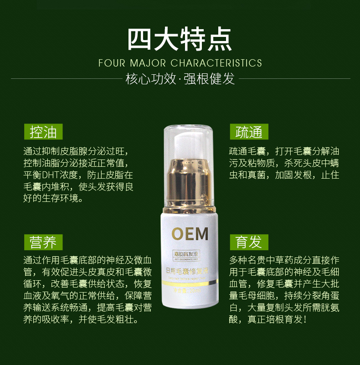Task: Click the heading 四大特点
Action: click(x=180, y=39)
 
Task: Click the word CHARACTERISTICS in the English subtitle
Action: click(x=216, y=63)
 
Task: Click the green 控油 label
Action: click(x=43, y=132)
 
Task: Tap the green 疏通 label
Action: click(x=249, y=132)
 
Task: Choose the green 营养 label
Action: click(x=43, y=242)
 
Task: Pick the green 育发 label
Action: click(x=249, y=242)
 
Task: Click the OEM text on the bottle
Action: click(x=190, y=233)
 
